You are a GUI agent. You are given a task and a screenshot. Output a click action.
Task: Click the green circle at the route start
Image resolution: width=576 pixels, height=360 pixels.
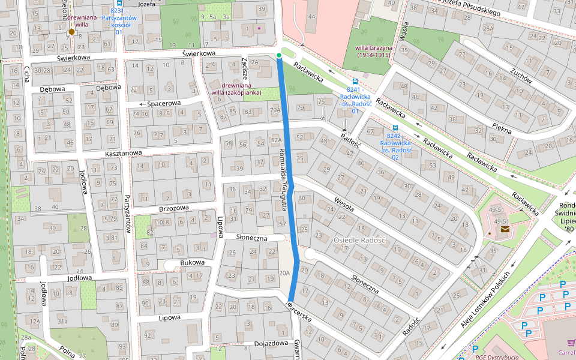point(279,56)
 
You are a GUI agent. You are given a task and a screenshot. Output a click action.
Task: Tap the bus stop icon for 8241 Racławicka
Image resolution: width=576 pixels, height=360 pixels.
point(355,81)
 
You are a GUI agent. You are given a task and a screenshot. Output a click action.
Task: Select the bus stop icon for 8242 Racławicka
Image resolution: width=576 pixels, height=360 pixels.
point(395,127)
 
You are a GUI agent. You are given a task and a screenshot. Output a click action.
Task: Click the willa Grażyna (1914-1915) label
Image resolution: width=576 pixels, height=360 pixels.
point(374,51)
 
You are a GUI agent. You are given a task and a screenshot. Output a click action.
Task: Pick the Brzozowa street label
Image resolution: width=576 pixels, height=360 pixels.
point(174,208)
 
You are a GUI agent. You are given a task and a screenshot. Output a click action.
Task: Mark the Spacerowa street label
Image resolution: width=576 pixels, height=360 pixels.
point(163,103)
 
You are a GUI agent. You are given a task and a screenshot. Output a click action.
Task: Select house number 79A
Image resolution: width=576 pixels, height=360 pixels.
point(275,110)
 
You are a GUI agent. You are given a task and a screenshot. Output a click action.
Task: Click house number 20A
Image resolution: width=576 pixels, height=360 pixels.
point(284,273)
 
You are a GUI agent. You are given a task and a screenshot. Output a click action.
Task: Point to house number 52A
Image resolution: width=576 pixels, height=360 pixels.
point(276,140)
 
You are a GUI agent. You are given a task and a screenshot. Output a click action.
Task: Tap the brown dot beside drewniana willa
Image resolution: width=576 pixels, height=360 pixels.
point(71,31)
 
